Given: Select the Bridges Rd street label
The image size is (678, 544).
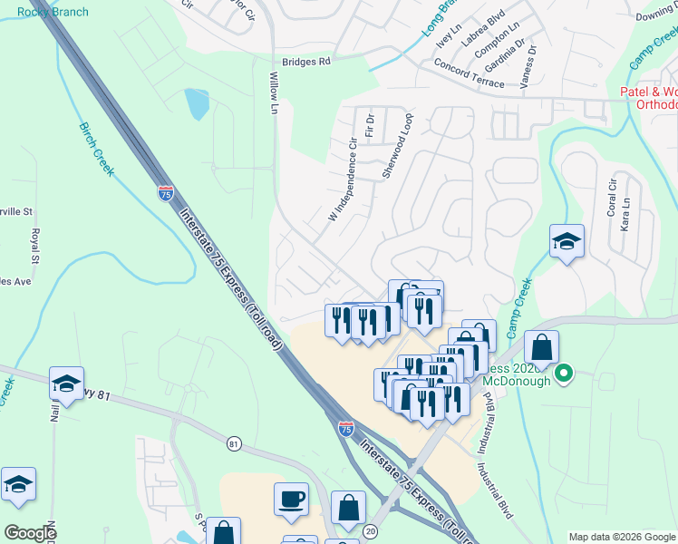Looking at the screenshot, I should [x=306, y=62].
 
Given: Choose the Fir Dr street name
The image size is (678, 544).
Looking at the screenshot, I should [x=370, y=126].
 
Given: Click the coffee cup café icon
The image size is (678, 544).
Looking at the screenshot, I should [x=291, y=499].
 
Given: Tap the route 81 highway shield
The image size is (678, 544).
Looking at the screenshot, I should [x=235, y=443].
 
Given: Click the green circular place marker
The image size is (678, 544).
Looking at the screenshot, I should [x=564, y=373].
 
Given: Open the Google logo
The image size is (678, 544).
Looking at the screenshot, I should [x=31, y=532].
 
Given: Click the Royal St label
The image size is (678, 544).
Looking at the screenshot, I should [x=35, y=241].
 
